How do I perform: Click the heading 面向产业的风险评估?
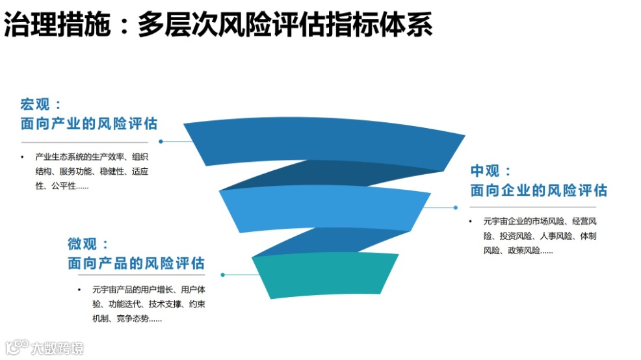(89, 123)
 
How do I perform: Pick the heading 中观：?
(491, 171)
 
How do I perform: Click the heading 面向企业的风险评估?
(539, 190)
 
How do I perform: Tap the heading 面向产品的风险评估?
(136, 263)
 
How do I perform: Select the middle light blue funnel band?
(325, 208)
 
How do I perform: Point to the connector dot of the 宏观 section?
(161, 141)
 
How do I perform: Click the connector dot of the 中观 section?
(455, 208)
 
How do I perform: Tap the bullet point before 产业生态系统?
(22, 157)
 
